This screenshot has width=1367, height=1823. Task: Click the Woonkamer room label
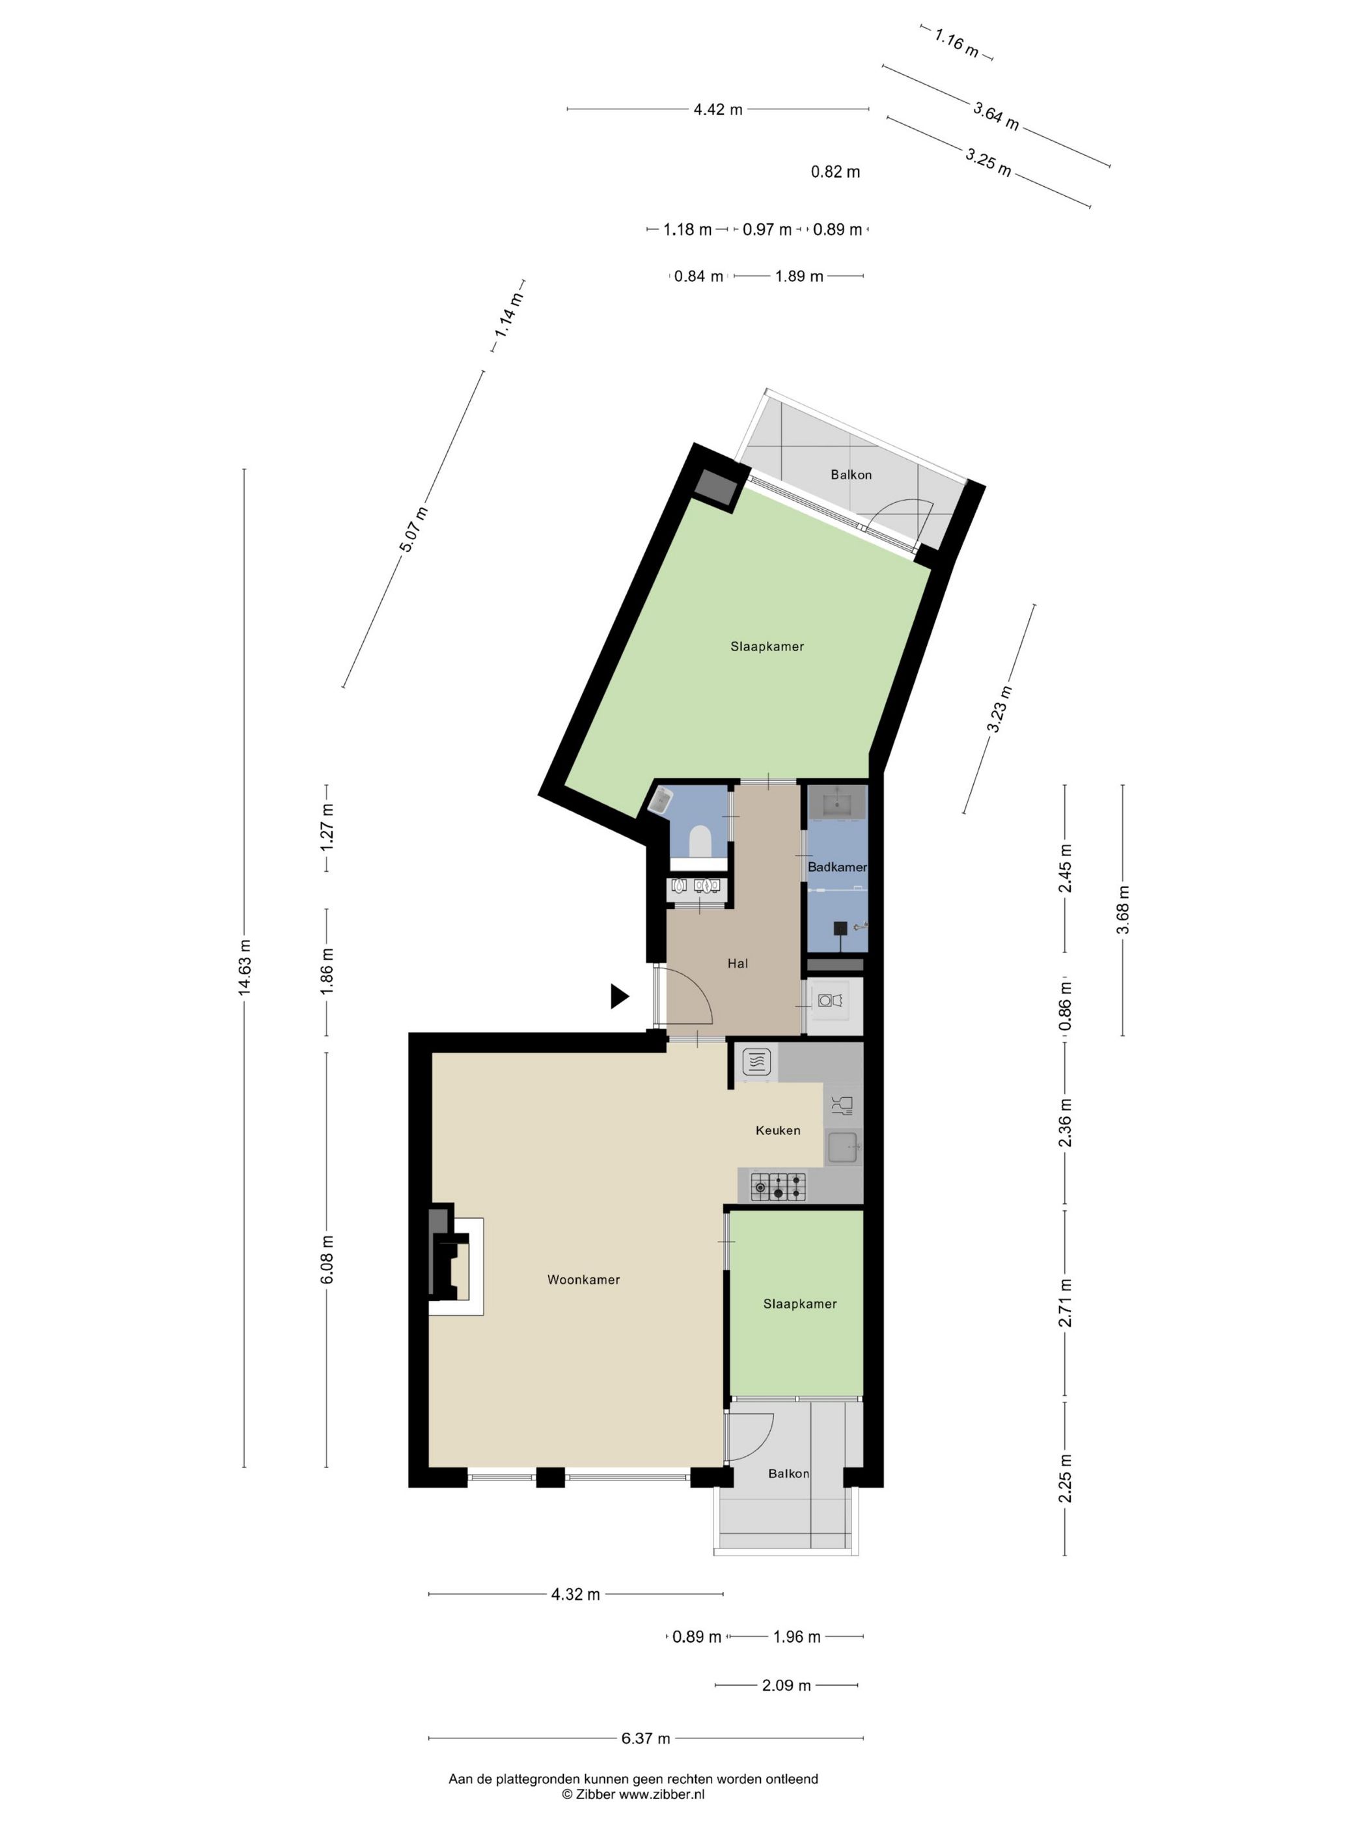(583, 1279)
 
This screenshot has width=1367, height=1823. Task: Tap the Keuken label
(778, 1130)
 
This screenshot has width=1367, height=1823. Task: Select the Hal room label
(738, 962)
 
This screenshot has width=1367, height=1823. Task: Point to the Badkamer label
(837, 867)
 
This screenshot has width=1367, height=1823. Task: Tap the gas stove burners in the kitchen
(778, 1187)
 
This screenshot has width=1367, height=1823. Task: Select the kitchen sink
(844, 1147)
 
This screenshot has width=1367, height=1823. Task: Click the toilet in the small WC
(700, 841)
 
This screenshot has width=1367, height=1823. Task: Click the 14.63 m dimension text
(245, 967)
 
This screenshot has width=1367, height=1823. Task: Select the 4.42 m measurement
(718, 109)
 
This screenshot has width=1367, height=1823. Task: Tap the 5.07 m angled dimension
(415, 529)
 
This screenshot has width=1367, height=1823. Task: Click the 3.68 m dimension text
(1122, 909)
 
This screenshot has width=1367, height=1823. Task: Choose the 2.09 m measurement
(786, 1686)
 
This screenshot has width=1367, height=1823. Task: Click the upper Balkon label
(851, 475)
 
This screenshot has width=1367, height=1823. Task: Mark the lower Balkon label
(788, 1473)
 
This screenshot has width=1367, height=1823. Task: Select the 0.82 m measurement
(836, 171)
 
